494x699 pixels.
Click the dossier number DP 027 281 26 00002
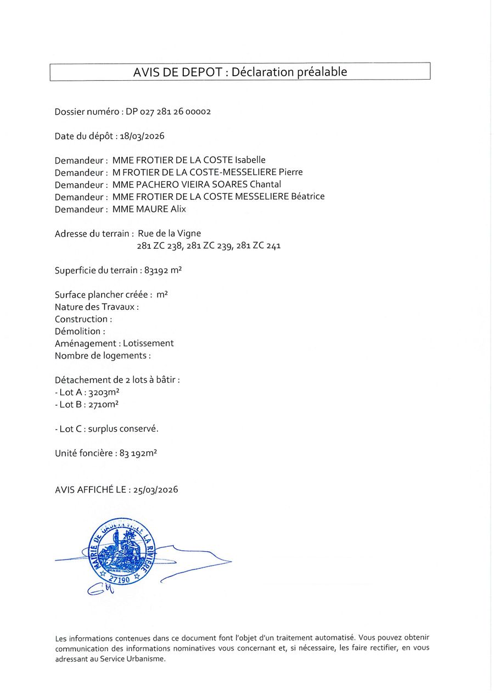tap(168, 111)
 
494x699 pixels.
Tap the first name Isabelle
tap(250, 160)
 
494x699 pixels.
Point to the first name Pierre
tap(290, 172)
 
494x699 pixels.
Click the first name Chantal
tap(265, 184)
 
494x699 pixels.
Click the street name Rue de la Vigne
tap(169, 233)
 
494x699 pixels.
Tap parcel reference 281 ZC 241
tap(259, 246)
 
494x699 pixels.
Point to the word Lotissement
tap(148, 343)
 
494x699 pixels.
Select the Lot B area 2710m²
tap(104, 405)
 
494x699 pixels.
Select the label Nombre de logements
tap(102, 356)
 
